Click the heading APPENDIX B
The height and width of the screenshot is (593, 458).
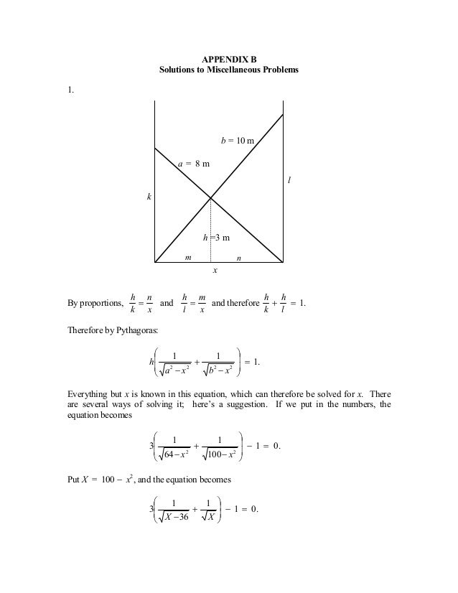pyautogui.click(x=229, y=60)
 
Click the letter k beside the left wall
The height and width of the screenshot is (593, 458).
pyautogui.click(x=149, y=196)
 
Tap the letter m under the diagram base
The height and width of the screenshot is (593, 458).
pyautogui.click(x=188, y=256)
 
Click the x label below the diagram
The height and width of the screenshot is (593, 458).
pyautogui.click(x=214, y=271)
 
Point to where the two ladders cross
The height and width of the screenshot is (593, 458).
pyautogui.click(x=210, y=197)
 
